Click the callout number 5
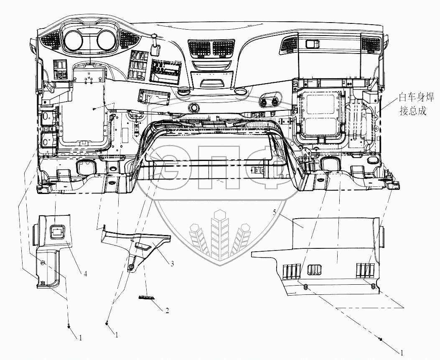click(x=274, y=213)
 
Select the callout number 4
click(x=85, y=274)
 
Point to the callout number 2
click(x=167, y=311)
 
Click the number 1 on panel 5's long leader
click(x=402, y=352)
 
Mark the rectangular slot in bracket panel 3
click(x=143, y=246)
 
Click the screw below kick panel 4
click(x=69, y=327)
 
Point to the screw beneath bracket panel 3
click(x=107, y=323)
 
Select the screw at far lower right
click(x=380, y=339)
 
